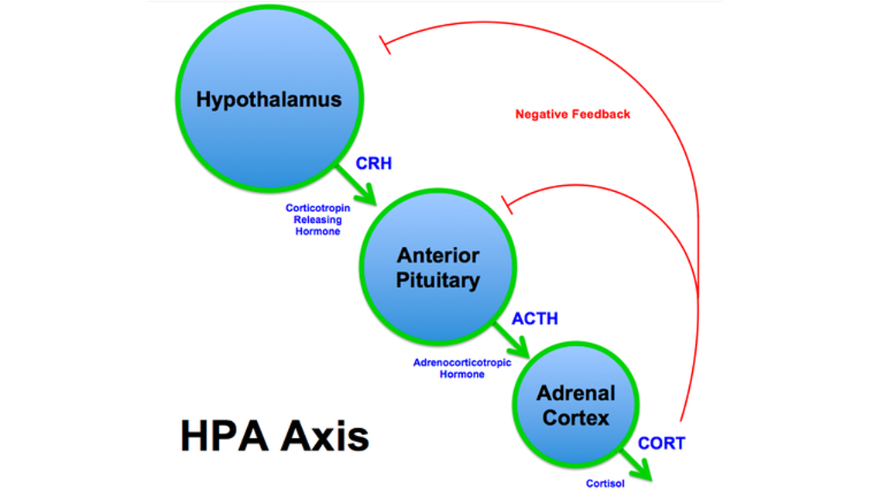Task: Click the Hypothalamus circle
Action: click(269, 98)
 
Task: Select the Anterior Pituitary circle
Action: click(437, 267)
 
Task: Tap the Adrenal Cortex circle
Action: click(575, 404)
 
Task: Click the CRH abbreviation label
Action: click(374, 163)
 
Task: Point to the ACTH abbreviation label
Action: click(534, 319)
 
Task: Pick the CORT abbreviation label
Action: click(661, 444)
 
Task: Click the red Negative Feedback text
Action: click(573, 115)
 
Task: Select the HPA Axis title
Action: click(274, 436)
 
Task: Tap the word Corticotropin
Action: click(317, 207)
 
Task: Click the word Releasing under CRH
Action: click(317, 219)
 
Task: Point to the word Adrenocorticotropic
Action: click(462, 362)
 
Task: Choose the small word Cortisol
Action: click(605, 483)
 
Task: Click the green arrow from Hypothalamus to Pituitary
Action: click(355, 184)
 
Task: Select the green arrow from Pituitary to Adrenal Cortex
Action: click(511, 340)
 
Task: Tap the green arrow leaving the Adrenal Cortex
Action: click(636, 464)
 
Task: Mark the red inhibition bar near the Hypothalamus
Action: click(385, 45)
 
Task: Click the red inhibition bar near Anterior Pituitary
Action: click(506, 205)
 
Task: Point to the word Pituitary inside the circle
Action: click(437, 280)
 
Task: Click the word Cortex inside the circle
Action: click(575, 418)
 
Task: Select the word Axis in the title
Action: click(325, 436)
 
